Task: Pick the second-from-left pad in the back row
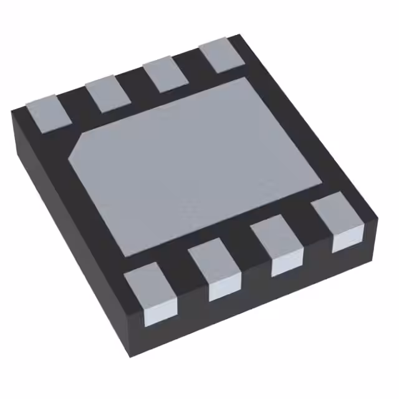click(102, 94)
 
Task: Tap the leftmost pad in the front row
click(151, 293)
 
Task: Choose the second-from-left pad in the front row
click(216, 271)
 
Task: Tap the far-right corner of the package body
click(378, 218)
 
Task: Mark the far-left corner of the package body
click(12, 112)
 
